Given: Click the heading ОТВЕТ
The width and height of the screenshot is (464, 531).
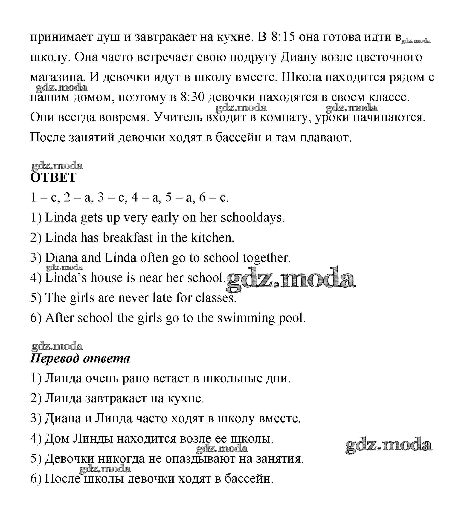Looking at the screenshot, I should (x=53, y=178).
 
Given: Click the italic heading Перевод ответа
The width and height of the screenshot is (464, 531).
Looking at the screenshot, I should (x=80, y=358).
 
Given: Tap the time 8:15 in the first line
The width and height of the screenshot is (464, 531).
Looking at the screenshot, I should (x=283, y=37).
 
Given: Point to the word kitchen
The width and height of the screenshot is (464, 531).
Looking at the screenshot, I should (x=212, y=238).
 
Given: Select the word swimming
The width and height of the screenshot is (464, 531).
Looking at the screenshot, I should (x=246, y=318).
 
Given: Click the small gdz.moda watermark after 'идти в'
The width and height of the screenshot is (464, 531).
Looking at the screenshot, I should (x=416, y=41).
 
